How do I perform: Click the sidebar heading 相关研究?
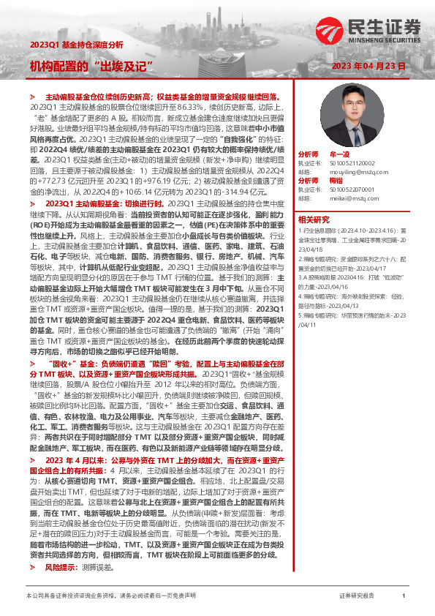(x=314, y=219)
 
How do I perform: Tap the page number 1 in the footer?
(x=404, y=597)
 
